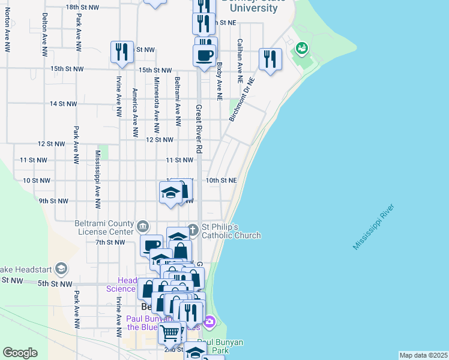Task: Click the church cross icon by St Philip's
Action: (x=193, y=229)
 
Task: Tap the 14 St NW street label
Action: (x=63, y=104)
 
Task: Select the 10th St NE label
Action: (x=221, y=180)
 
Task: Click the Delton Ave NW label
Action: (x=45, y=35)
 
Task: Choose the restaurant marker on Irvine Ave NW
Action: (x=122, y=52)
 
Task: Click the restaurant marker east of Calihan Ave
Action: (x=270, y=59)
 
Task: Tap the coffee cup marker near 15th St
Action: (x=204, y=55)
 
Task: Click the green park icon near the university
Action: (x=301, y=47)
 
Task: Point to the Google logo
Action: (x=20, y=353)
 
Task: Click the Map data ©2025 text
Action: (x=423, y=355)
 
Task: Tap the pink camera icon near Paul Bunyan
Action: (x=209, y=322)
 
